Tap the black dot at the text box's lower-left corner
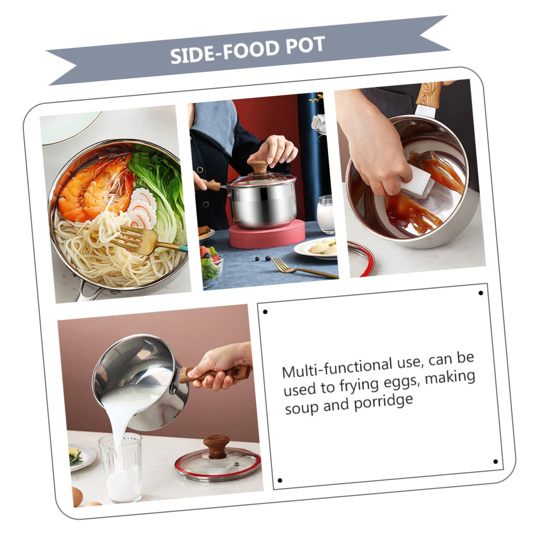click(x=280, y=480)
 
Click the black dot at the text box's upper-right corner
click(x=481, y=293)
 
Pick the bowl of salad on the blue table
click(x=212, y=262)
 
